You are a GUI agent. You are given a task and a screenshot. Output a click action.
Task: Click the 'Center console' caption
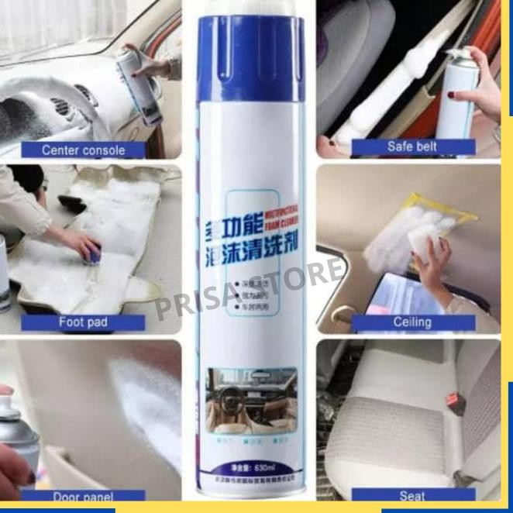tap(83, 150)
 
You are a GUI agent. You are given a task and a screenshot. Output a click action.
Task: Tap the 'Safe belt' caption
tap(412, 146)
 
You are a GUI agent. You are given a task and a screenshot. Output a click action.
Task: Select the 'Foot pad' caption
tap(82, 322)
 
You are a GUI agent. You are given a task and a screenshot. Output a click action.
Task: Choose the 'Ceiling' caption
tap(412, 322)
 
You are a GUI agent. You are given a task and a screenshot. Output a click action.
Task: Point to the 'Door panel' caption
tap(82, 497)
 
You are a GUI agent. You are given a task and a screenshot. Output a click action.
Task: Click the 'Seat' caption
tap(412, 494)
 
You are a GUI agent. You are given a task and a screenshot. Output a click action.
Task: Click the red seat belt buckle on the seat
tap(451, 401)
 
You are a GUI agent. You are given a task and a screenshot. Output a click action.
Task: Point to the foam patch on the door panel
tap(148, 402)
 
